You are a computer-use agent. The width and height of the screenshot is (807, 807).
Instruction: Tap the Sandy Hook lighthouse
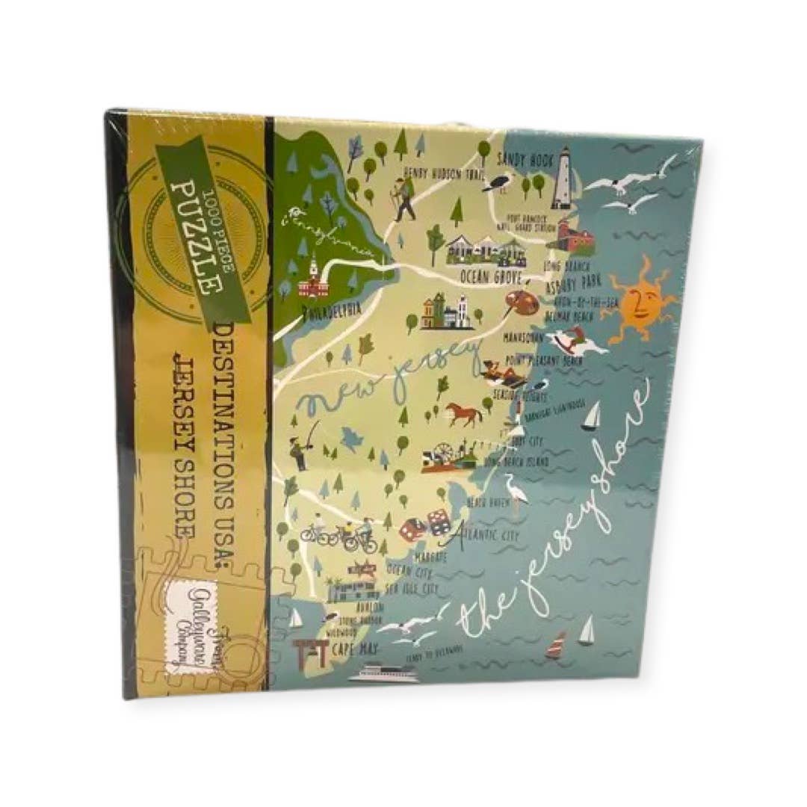[x=562, y=179]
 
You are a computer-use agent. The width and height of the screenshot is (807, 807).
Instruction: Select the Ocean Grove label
[x=489, y=276]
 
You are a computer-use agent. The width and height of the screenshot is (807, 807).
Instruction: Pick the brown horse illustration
[x=463, y=413]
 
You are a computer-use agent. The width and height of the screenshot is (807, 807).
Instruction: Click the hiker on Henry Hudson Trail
[x=405, y=199]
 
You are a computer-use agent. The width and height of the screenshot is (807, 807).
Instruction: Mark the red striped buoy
[x=554, y=645]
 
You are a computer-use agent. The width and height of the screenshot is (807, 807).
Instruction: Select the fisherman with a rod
[x=300, y=448]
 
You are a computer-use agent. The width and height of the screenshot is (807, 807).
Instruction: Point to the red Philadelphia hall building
[x=312, y=282]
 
